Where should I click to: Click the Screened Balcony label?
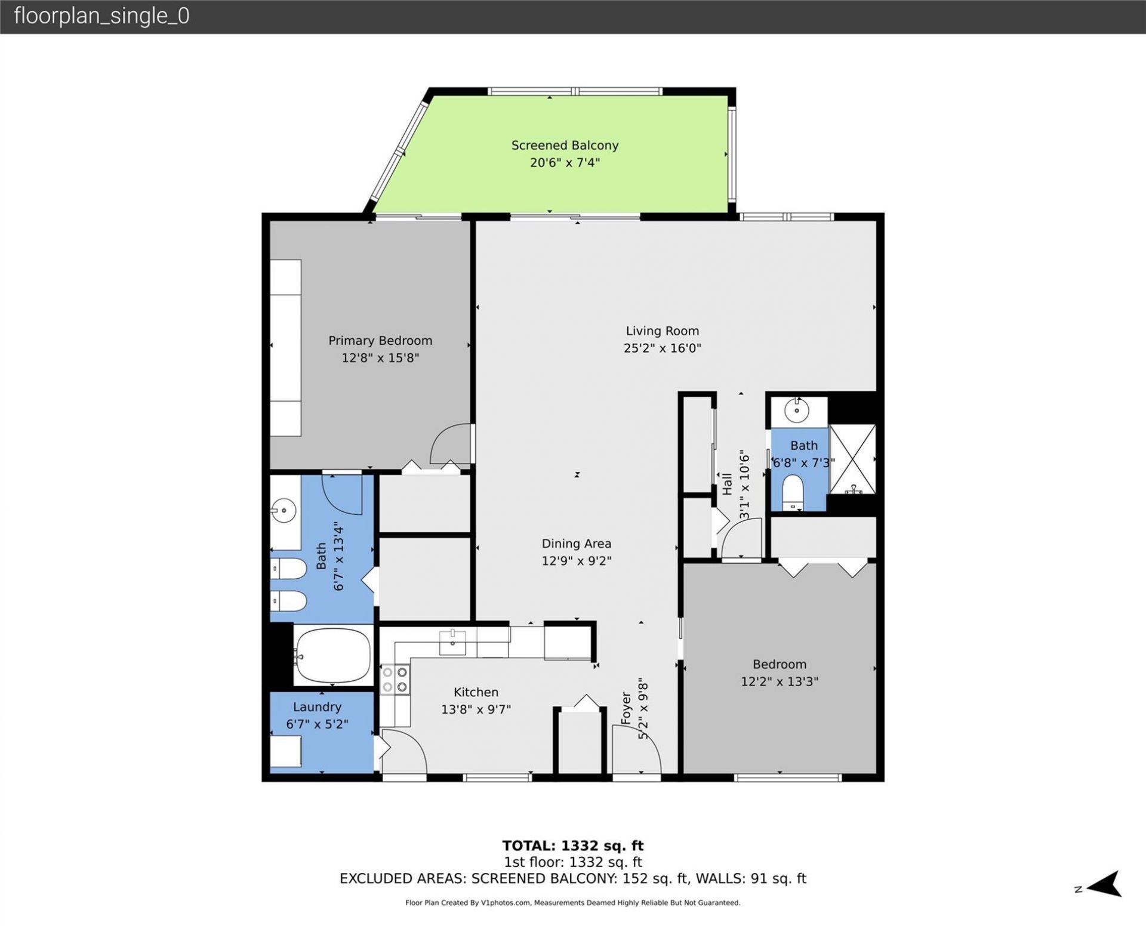565,145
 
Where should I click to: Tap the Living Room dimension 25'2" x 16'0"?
662,348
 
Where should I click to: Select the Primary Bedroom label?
380,341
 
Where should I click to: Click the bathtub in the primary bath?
332,655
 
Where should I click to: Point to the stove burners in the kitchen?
395,680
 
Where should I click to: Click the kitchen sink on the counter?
452,642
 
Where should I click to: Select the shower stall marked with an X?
852,459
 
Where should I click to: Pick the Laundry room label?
317,707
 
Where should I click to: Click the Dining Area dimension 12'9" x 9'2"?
576,561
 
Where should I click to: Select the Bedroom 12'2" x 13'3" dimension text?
779,681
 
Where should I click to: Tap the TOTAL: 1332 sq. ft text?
572,845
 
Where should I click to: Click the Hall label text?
727,484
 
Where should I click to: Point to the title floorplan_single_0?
101,16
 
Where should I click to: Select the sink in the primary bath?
285,511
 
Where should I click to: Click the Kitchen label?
476,692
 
